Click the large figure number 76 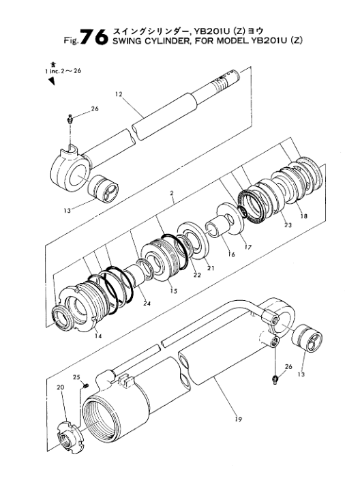[x=94, y=37]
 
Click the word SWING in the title [x=124, y=41]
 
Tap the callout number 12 [x=119, y=94]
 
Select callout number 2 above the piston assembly [x=172, y=193]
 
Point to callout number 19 [x=238, y=419]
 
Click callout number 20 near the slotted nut [x=61, y=387]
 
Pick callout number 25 [x=76, y=376]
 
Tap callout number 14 [x=98, y=336]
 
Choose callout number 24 [x=147, y=304]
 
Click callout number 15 [x=173, y=291]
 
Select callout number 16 [x=231, y=254]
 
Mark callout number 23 [x=288, y=225]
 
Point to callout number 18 [x=303, y=216]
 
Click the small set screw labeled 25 [x=86, y=386]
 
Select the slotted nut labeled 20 [x=70, y=438]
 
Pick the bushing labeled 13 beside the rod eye [x=103, y=189]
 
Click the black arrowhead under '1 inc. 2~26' [x=52, y=81]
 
